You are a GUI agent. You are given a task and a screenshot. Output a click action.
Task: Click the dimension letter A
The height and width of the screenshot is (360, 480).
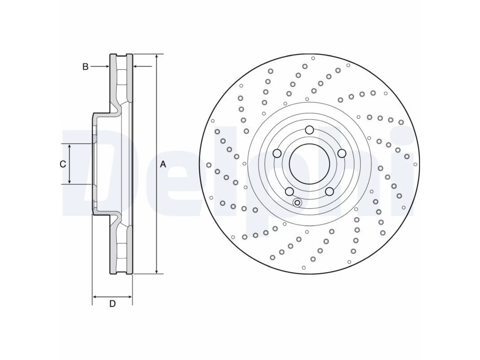coord(163,164)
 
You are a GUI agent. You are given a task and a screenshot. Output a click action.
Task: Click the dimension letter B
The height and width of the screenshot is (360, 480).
coord(85,67)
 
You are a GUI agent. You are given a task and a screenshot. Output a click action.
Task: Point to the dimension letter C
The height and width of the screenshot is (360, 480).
coord(63,164)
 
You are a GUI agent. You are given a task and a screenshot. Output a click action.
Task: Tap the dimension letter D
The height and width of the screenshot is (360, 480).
coord(112,304)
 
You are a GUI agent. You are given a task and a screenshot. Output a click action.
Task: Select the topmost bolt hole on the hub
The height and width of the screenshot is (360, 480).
coord(309,130)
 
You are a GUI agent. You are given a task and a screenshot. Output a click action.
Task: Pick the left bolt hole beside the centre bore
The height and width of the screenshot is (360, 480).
coord(277,153)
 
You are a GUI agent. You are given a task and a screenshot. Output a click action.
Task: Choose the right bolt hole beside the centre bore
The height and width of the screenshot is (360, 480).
coord(342,153)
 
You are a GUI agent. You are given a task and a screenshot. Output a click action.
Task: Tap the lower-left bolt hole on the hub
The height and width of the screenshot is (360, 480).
coord(289,192)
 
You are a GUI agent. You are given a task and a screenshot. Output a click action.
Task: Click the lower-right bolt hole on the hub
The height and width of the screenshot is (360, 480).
coord(329,192)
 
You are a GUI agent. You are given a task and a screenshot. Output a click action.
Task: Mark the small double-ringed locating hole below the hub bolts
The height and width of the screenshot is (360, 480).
coord(297,202)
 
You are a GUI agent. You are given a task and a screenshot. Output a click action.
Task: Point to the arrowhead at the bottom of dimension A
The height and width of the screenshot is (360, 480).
coord(157,271)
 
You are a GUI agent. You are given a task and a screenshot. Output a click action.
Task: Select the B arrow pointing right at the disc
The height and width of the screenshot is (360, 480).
coord(100,66)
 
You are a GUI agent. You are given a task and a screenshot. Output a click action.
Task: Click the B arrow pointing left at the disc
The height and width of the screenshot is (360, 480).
coord(142,66)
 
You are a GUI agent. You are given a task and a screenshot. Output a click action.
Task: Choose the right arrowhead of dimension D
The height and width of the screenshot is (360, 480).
coord(129,297)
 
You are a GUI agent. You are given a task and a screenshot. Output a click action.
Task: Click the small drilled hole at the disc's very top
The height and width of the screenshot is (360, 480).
coord(313,58)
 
